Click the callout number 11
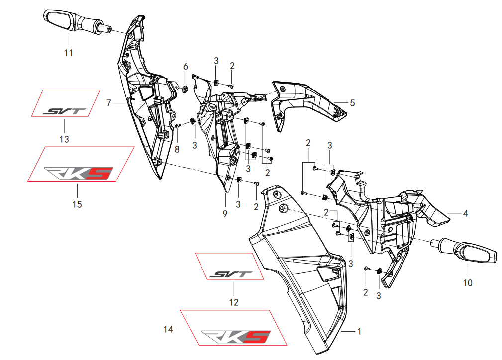[69, 52]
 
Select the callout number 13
[64, 139]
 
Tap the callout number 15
[77, 204]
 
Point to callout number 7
[109, 103]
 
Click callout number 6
[186, 67]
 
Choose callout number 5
[352, 103]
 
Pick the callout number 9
[225, 214]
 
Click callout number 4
[465, 214]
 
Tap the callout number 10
[468, 283]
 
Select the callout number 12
[234, 302]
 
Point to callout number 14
[168, 329]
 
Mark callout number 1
[360, 331]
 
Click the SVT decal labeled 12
[231, 274]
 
